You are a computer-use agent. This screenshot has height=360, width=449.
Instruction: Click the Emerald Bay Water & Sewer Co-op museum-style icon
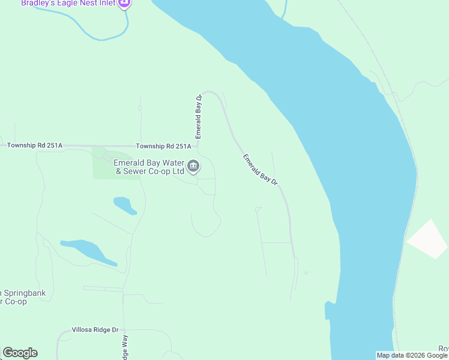(x=193, y=166)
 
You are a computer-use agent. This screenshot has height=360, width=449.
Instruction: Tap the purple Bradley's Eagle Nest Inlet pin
(x=124, y=4)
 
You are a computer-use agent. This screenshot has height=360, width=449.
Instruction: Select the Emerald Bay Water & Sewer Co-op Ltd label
(x=149, y=166)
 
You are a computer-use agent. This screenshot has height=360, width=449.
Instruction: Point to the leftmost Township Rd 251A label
(x=35, y=146)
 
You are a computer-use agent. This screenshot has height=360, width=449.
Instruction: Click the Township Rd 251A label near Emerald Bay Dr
(x=163, y=146)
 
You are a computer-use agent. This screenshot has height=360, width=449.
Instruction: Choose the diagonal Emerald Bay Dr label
(x=261, y=170)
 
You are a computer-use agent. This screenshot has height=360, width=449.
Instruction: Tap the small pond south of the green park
(x=125, y=205)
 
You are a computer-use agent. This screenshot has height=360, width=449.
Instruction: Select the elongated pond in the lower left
(x=89, y=251)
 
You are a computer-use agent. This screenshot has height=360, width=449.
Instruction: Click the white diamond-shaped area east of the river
(x=428, y=239)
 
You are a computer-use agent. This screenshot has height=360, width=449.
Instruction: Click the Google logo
(x=20, y=353)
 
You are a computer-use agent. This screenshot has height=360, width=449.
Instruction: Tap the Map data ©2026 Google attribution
(x=412, y=355)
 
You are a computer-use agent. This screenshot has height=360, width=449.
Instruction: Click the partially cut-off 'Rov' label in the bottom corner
(x=443, y=349)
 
